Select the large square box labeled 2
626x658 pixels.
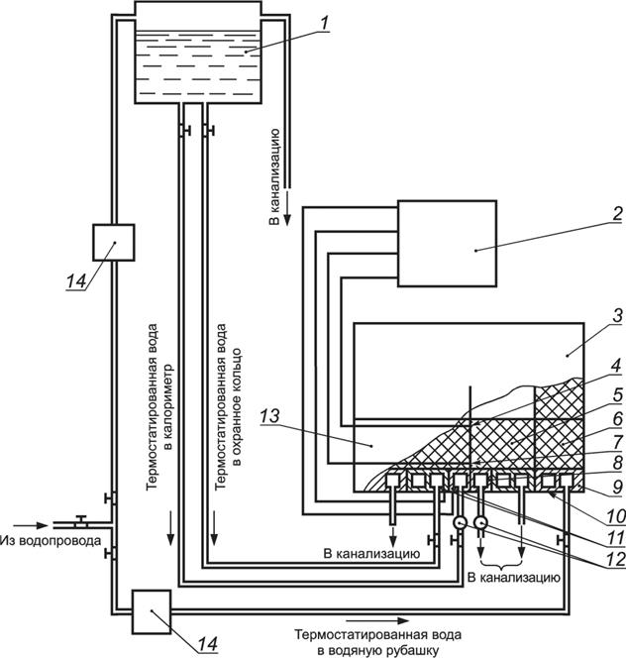click(448, 244)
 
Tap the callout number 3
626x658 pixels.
click(617, 315)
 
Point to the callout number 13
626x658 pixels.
click(269, 416)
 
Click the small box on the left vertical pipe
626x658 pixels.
click(114, 243)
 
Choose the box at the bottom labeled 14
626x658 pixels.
click(152, 611)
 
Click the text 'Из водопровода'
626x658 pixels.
click(51, 540)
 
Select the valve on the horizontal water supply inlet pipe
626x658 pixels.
click(81, 521)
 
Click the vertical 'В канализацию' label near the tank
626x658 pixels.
click(274, 177)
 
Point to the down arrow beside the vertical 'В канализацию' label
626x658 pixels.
click(288, 208)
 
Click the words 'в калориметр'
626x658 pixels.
click(168, 405)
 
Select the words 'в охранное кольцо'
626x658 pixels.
click(238, 407)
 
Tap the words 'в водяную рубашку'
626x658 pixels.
click(378, 651)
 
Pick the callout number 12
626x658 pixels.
click(616, 560)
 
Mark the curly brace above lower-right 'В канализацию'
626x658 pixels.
click(502, 561)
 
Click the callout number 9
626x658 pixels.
click(618, 487)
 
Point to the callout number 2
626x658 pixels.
click(617, 214)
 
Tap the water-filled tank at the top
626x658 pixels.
click(198, 53)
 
